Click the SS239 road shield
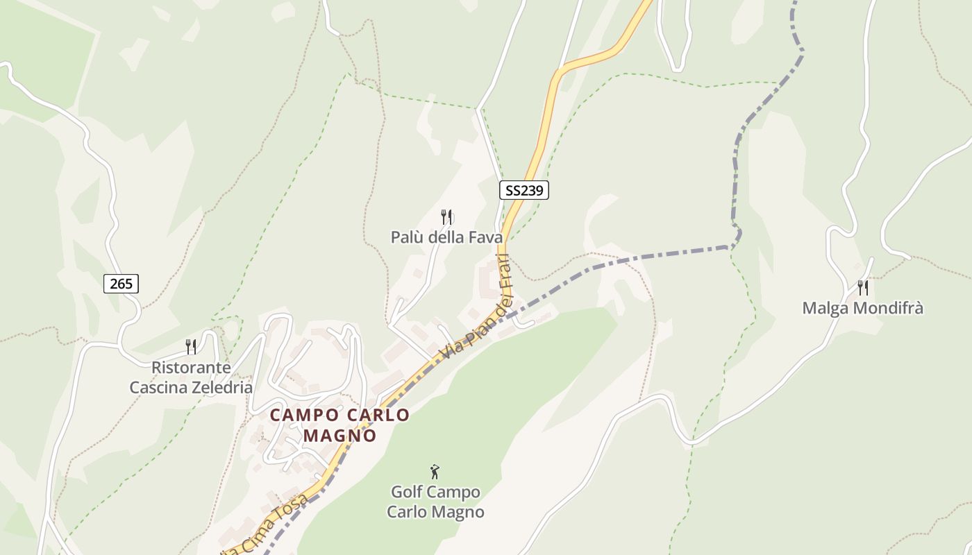[523, 190]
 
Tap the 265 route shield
[121, 283]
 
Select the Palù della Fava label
[446, 237]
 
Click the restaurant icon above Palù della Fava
[447, 217]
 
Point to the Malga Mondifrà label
[862, 308]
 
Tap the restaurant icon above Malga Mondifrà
[863, 287]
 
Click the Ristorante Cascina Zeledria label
[191, 377]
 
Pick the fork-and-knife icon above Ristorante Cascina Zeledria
[191, 346]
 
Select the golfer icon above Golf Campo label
[435, 472]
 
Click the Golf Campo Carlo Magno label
[435, 502]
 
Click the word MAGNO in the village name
[340, 436]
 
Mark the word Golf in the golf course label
[408, 493]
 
